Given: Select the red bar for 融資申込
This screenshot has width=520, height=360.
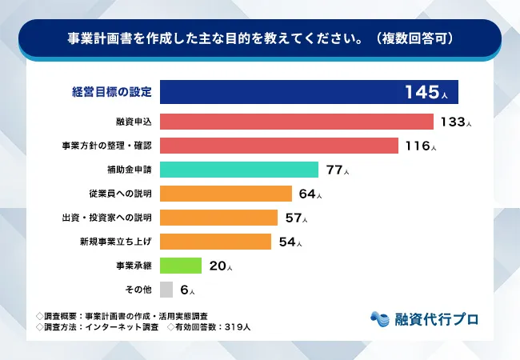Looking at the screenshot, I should pos(296,122).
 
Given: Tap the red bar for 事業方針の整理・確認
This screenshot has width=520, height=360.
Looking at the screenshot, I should pos(278,146).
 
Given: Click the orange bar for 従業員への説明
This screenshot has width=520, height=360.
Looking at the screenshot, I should pos(226,194).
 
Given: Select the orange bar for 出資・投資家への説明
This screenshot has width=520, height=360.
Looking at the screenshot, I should pos(218,218).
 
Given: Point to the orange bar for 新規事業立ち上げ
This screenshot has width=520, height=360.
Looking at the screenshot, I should pos(216,242).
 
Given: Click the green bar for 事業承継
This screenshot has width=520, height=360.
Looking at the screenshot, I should pos(181,266).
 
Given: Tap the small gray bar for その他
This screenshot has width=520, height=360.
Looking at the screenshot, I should pos(166,290).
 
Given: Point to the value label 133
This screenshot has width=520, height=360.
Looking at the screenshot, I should pos(450,122).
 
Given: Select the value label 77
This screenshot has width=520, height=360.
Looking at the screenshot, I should pos(334,170).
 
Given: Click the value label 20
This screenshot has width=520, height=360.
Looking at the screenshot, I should pos(216,266).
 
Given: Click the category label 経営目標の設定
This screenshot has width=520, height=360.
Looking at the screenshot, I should pos(111,92).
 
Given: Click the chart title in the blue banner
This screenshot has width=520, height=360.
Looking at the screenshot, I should pos(259,38).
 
